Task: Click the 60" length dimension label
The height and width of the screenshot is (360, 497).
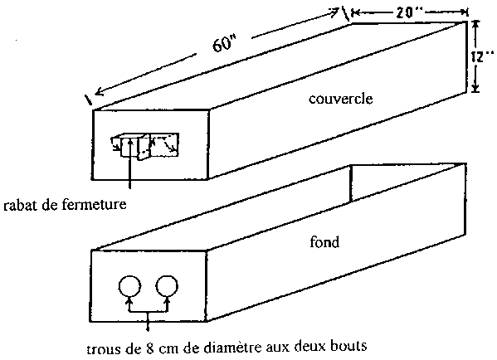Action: click(x=224, y=43)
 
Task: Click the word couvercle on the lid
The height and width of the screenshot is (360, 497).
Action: click(x=341, y=99)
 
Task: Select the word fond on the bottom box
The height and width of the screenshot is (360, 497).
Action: click(x=324, y=241)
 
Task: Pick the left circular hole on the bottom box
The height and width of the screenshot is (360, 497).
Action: click(x=129, y=286)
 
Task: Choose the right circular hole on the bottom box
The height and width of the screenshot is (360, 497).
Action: click(x=167, y=286)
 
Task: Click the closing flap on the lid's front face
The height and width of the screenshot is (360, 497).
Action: click(x=145, y=146)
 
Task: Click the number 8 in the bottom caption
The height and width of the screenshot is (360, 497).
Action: click(x=149, y=348)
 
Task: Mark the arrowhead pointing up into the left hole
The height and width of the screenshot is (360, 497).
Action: click(x=129, y=300)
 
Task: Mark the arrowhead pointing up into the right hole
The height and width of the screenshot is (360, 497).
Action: click(x=168, y=300)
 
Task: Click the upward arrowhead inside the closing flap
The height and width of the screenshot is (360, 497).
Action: click(x=130, y=143)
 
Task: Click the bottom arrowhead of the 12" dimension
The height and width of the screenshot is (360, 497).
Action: click(x=475, y=88)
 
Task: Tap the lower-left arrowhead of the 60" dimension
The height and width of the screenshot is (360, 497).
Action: click(x=100, y=92)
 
